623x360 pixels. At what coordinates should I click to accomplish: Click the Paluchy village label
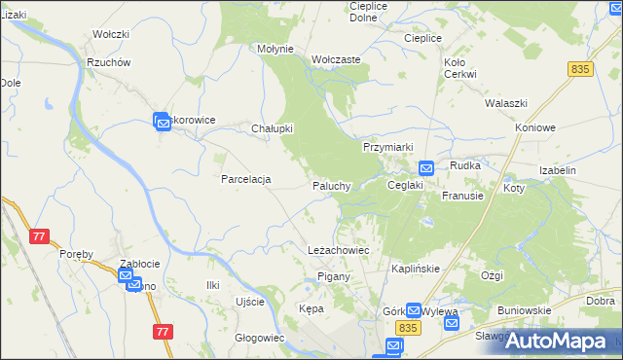[331, 186]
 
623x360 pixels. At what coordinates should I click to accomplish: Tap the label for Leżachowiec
[338, 250]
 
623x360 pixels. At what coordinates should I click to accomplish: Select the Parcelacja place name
[245, 179]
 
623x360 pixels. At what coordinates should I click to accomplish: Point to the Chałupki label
[273, 128]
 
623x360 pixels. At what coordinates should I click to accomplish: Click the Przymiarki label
[388, 146]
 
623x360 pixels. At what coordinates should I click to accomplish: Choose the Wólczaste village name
[336, 59]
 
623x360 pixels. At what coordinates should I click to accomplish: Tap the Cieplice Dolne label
[369, 11]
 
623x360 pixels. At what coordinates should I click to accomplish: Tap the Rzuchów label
[108, 62]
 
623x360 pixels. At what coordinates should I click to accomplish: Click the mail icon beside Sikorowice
[162, 121]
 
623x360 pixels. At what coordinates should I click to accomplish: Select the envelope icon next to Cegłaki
[426, 168]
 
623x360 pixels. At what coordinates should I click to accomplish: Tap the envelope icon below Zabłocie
[128, 277]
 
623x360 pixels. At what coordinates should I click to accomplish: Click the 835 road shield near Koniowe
[581, 69]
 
